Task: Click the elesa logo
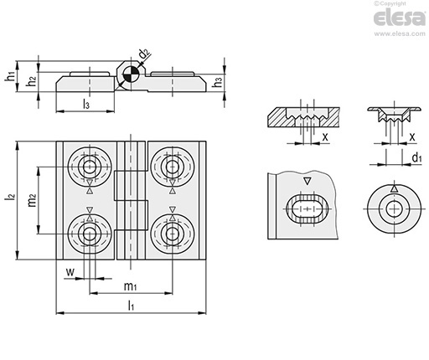400,18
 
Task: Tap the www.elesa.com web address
400,33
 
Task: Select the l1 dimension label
131,306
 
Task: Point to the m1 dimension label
130,286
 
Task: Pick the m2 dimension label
33,200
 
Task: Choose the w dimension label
70,271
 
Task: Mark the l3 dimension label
86,104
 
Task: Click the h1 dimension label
10,76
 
